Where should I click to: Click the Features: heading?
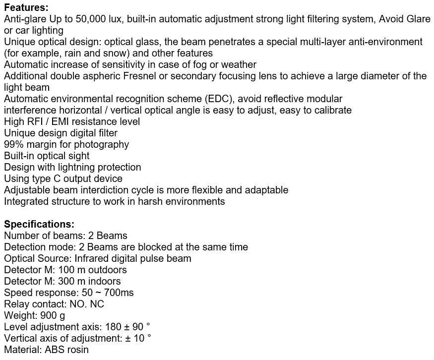[26, 7]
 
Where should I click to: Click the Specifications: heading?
[39, 224]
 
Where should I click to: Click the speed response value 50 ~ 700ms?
[108, 293]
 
